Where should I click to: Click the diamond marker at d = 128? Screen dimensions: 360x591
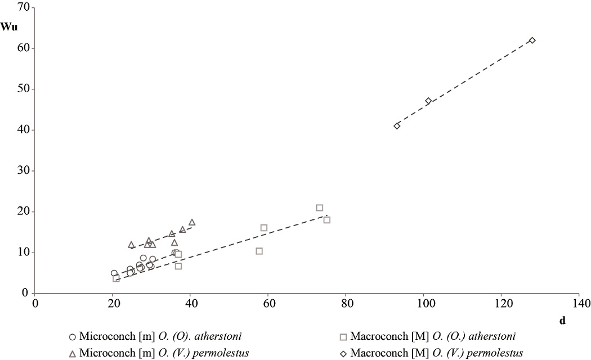(x=532, y=40)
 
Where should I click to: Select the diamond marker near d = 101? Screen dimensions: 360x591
(x=428, y=101)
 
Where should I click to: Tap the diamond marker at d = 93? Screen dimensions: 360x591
(x=397, y=126)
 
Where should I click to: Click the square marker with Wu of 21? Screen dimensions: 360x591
(x=319, y=208)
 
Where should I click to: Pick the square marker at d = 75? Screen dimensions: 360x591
(x=326, y=220)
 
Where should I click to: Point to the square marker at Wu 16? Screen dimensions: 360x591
(x=263, y=228)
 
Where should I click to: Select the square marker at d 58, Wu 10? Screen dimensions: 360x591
(x=259, y=251)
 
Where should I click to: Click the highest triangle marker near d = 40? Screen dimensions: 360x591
(x=192, y=222)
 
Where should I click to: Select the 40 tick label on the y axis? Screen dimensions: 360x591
(x=23, y=130)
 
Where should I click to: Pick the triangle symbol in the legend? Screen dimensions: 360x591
(x=72, y=353)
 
